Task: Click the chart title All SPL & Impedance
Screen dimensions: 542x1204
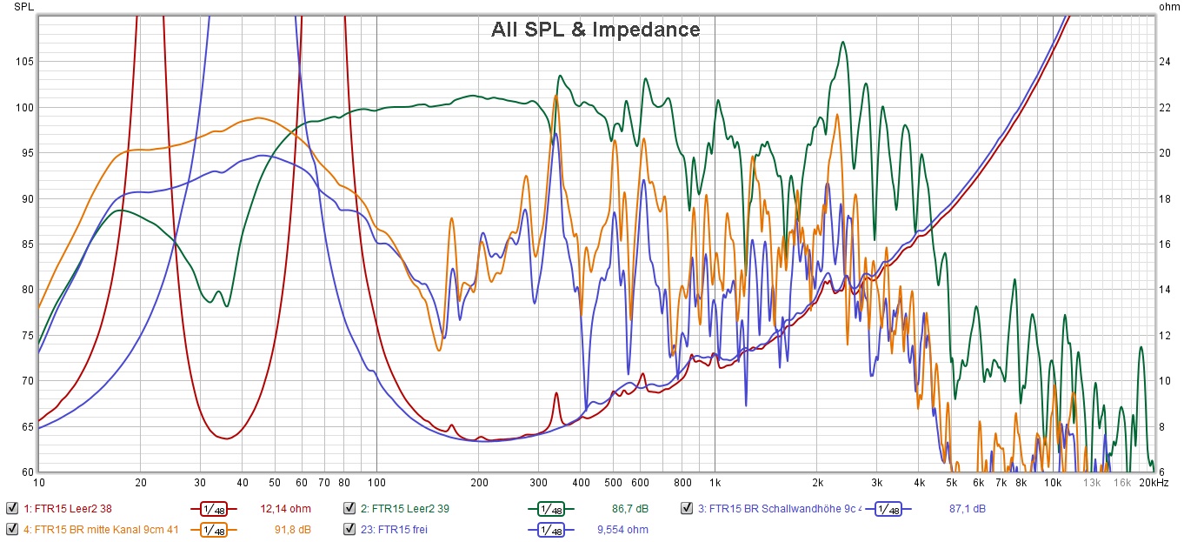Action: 595,30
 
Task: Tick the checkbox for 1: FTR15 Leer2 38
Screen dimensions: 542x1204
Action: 12,508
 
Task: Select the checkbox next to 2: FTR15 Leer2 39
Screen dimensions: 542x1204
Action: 349,508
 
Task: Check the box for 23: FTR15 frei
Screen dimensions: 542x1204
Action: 349,529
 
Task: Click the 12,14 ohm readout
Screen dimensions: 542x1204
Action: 285,508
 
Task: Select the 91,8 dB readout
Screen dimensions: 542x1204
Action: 292,529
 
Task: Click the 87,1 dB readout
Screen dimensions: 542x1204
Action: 966,508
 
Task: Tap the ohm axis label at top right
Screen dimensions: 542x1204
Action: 1170,7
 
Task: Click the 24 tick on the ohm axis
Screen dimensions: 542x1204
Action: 1165,62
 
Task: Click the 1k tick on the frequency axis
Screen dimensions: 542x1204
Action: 715,482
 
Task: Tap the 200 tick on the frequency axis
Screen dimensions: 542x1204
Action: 478,482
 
